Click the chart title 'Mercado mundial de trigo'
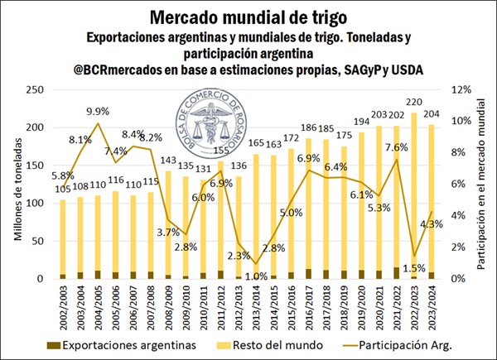coord(248,17)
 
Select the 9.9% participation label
coord(98,111)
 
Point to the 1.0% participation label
coord(258,276)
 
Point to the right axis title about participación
coord(482,184)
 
